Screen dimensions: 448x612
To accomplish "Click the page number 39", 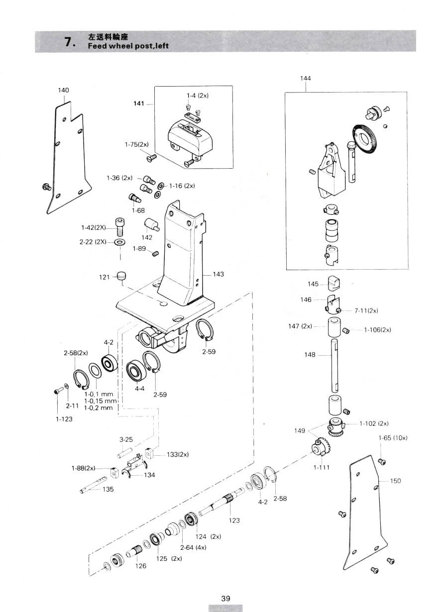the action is (225, 591).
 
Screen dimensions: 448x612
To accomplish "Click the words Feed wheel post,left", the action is (128, 46).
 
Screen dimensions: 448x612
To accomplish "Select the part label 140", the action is (63, 90).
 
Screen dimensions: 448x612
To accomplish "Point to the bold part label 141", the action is (138, 103).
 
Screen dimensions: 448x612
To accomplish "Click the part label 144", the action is (305, 79).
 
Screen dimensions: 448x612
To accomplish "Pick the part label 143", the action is (218, 274).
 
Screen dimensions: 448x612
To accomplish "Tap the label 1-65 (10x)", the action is (393, 438).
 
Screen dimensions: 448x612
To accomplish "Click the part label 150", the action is (395, 481).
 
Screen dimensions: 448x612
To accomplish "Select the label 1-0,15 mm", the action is (101, 401).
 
